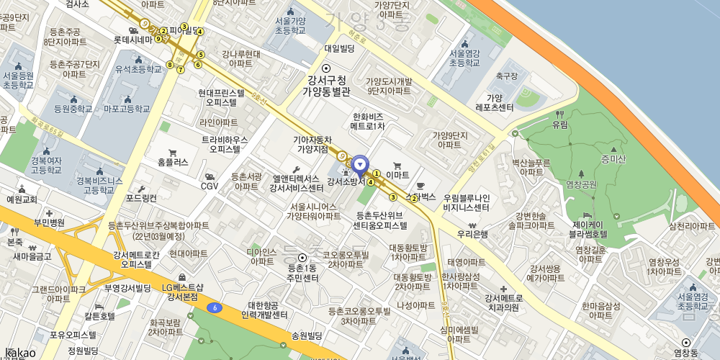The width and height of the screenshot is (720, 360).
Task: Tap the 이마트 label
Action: click(x=397, y=174)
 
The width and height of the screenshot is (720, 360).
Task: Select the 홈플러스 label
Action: click(x=173, y=162)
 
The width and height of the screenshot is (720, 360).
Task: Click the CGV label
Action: click(x=210, y=186)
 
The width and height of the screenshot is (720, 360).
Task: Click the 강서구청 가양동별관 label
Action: click(x=325, y=86)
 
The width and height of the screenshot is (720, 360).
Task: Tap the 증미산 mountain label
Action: click(x=613, y=159)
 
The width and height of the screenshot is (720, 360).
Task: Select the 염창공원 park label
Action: click(x=582, y=184)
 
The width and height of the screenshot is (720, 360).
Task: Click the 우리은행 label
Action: click(x=473, y=234)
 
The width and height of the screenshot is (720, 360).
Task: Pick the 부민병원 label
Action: click(x=48, y=222)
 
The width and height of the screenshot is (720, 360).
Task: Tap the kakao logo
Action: click(x=20, y=351)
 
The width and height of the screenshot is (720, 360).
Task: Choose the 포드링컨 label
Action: click(x=141, y=197)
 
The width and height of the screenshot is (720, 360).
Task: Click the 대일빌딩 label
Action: click(x=340, y=48)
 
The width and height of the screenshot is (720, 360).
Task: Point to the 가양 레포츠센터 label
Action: click(x=494, y=102)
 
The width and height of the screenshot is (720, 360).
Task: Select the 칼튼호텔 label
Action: click(x=99, y=315)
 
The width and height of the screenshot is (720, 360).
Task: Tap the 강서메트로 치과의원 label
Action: click(x=502, y=302)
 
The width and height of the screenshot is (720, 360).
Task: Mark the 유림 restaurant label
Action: click(x=559, y=124)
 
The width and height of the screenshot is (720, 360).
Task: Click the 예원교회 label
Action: click(x=22, y=199)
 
